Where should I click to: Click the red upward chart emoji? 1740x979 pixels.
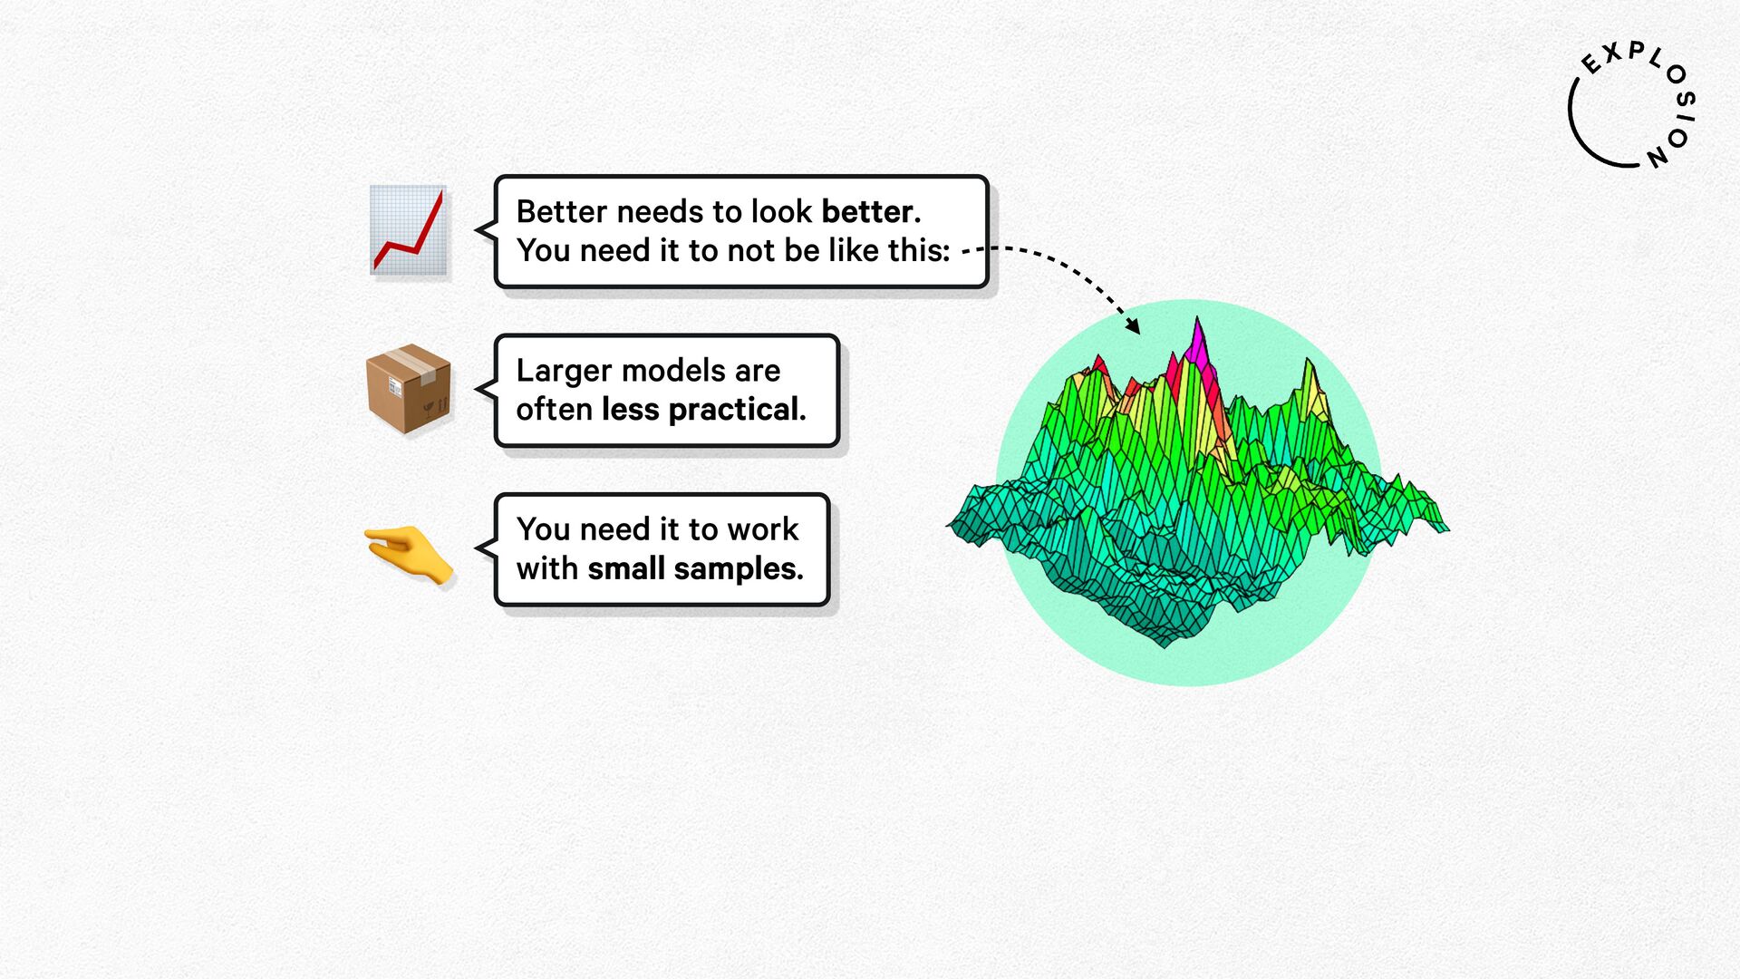tap(409, 230)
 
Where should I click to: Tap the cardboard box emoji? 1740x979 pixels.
tap(409, 388)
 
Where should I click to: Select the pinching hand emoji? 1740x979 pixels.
tap(409, 554)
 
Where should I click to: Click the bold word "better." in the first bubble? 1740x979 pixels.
tap(871, 211)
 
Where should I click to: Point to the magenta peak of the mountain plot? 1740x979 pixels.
tap(1198, 343)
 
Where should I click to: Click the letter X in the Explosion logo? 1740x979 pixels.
tap(1612, 54)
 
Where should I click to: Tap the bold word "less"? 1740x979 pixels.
tap(631, 410)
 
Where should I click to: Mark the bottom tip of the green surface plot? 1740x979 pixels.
tap(1165, 647)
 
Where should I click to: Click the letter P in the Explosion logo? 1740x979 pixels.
tap(1636, 49)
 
